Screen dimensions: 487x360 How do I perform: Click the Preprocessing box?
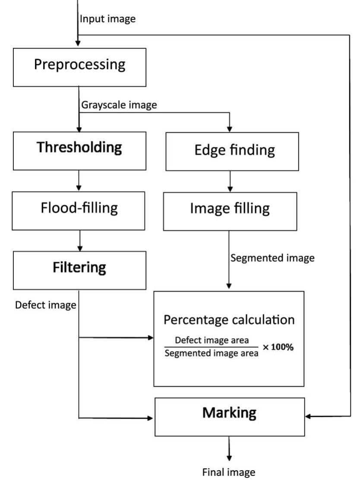79,66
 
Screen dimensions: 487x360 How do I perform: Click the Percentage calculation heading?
229,320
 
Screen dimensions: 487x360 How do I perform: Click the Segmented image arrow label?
272,258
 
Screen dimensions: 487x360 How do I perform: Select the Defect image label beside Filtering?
46,305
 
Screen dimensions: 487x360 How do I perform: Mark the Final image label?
229,472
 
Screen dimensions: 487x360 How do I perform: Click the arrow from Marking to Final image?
229,449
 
